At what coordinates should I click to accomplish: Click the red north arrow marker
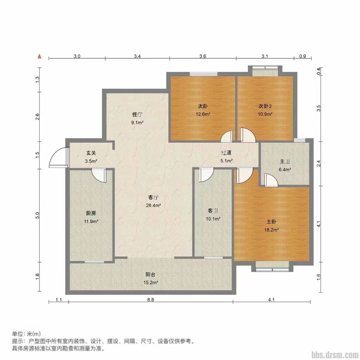point(40,56)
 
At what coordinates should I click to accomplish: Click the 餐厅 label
point(137,114)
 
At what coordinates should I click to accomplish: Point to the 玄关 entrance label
point(91,153)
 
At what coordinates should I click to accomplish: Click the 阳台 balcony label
point(151,274)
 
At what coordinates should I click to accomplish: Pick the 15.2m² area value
point(151,283)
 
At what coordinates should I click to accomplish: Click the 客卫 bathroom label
point(213,210)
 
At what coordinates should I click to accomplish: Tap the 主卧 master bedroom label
point(272,221)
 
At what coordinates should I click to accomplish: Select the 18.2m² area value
point(272,230)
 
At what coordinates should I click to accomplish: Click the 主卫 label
point(285,161)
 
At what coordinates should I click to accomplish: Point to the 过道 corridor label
point(226,153)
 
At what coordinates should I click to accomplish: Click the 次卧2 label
point(265,106)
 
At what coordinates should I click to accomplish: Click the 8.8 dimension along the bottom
point(151,300)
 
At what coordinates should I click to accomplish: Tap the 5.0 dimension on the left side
point(38,216)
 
